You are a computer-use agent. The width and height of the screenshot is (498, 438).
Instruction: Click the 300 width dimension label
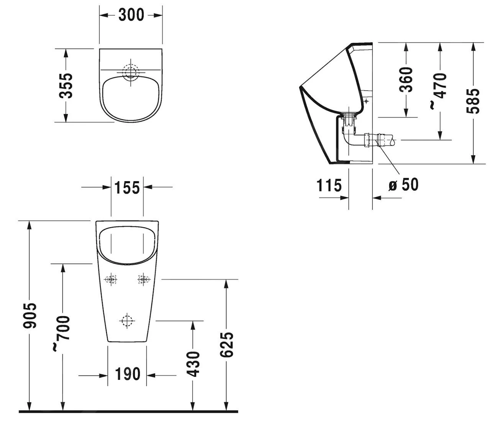click(x=131, y=15)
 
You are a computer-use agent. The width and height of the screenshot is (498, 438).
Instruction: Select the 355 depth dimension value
click(x=66, y=85)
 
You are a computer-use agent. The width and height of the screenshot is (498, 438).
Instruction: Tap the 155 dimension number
click(x=127, y=187)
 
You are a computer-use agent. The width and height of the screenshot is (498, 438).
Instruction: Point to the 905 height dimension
click(x=29, y=315)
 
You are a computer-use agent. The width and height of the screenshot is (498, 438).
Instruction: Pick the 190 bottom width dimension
click(x=127, y=374)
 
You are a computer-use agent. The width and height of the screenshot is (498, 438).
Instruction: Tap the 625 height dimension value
click(x=226, y=345)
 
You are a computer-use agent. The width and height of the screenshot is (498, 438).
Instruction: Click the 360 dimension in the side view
click(x=406, y=80)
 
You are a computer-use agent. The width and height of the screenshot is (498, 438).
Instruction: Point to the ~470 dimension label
click(x=439, y=90)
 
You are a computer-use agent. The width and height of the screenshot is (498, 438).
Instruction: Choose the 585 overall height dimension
click(x=473, y=101)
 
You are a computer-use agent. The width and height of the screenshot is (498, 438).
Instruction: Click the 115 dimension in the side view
click(x=329, y=185)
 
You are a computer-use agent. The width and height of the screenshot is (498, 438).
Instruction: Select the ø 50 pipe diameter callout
click(x=403, y=185)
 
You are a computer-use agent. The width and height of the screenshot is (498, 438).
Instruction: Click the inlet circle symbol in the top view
click(x=131, y=71)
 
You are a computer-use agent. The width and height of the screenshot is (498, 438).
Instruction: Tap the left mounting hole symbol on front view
click(x=111, y=280)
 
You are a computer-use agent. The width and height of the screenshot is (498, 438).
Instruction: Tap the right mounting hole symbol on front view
click(x=143, y=280)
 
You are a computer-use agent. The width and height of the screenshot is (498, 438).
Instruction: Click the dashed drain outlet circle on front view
click(x=126, y=320)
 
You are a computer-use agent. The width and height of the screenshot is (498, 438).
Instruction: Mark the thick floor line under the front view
click(x=128, y=412)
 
